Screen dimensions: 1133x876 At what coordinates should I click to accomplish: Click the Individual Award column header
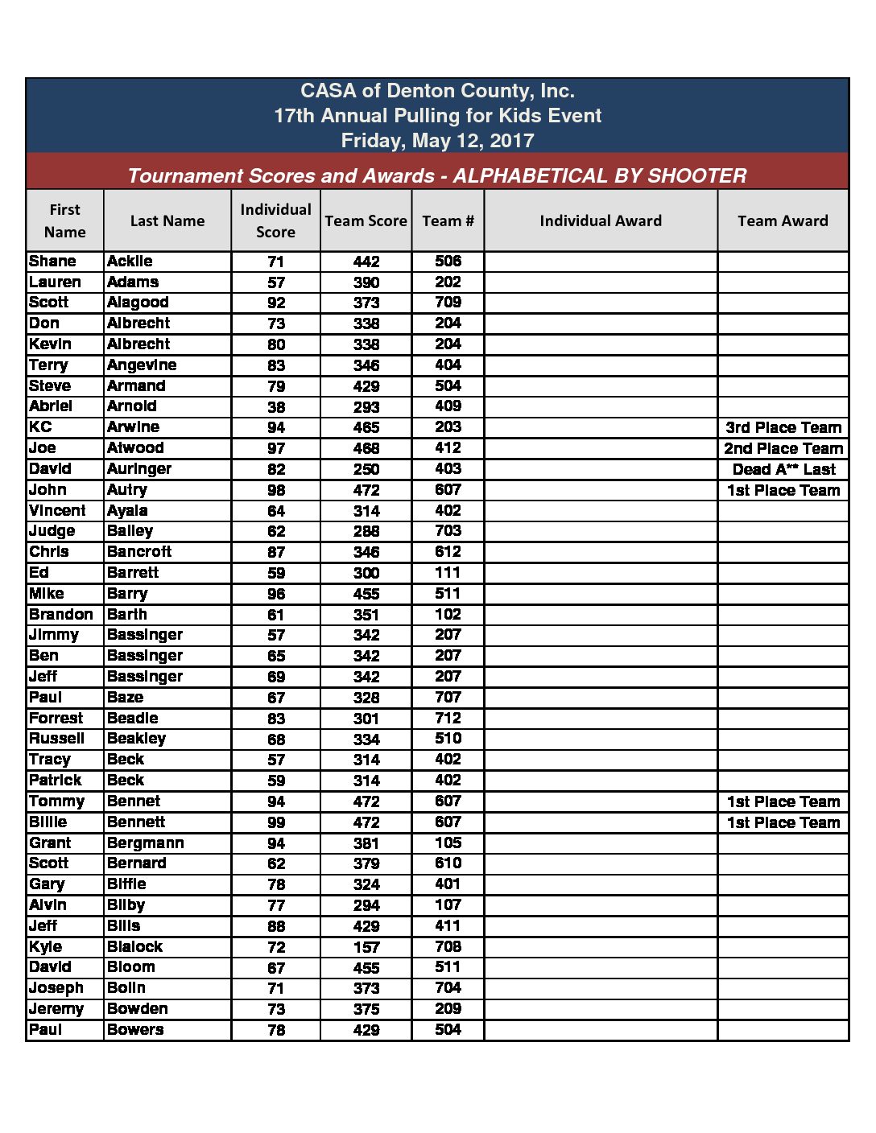click(600, 220)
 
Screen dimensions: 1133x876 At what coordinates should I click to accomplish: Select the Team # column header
click(448, 220)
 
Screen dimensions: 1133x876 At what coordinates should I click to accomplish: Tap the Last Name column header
click(167, 220)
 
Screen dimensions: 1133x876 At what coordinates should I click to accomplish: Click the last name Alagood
click(138, 303)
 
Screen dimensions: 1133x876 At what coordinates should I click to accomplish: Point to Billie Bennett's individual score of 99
click(276, 822)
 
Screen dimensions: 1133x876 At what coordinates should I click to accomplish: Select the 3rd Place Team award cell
click(783, 427)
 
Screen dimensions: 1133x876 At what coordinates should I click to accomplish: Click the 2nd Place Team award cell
click(783, 448)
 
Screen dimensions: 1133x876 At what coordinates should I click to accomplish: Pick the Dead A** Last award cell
click(783, 469)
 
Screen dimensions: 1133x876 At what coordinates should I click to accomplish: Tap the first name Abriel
click(51, 406)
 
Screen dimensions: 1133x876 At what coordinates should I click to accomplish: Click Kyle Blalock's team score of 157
click(366, 947)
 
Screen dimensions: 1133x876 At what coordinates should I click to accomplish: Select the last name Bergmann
click(145, 843)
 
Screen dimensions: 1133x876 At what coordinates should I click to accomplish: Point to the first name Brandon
click(61, 614)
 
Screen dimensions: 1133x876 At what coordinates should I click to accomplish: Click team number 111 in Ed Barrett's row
click(448, 572)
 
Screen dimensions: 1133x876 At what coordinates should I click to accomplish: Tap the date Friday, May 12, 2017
click(437, 141)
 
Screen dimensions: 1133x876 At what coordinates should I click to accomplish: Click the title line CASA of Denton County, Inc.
click(437, 91)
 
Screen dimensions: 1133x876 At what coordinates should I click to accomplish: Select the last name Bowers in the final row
click(135, 1030)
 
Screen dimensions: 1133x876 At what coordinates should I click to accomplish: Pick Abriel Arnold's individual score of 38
click(276, 407)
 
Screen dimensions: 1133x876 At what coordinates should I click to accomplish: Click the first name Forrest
click(56, 718)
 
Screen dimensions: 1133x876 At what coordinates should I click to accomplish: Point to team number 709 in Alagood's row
click(448, 303)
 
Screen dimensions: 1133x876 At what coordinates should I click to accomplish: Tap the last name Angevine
click(142, 365)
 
